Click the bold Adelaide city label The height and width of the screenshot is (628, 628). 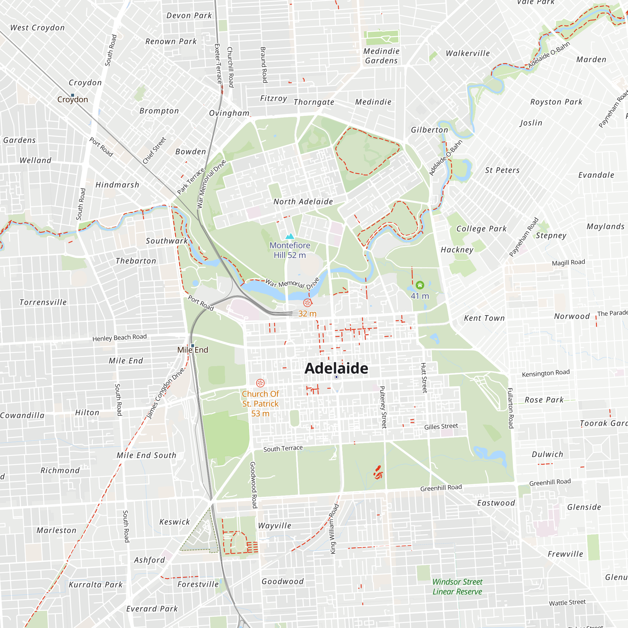coord(336,368)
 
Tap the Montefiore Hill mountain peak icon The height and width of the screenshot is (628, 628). coord(290,236)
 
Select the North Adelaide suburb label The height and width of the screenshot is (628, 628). coord(303,202)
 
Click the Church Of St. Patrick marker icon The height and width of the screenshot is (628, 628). coord(260,383)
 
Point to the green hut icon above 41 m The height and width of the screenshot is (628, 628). coord(420,285)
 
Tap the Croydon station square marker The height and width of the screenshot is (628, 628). coord(73,95)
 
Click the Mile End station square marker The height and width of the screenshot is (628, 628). coord(192,345)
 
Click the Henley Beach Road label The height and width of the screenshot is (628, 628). coord(119,338)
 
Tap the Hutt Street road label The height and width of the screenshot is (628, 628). coord(424,378)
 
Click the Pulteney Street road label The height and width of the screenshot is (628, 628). coord(383,407)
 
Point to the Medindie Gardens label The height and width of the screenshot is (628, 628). coord(381,56)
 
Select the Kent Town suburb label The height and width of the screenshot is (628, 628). coord(484,318)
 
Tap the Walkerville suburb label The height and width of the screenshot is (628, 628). coord(468,53)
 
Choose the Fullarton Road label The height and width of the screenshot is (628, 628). coord(510,408)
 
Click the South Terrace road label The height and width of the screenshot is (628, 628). coord(283,449)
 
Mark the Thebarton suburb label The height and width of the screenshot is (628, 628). coord(136,261)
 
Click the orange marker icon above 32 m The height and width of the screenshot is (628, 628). coord(307,303)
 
